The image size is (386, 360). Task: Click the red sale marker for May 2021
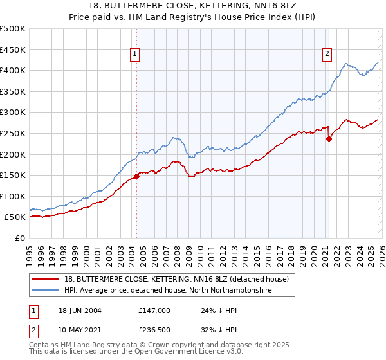tap(329, 138)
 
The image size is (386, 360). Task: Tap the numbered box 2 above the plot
tap(327, 55)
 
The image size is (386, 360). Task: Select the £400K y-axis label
tap(14, 70)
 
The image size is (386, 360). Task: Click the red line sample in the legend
tap(46, 279)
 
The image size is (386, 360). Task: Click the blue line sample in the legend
tap(46, 291)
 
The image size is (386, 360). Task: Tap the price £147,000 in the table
tap(154, 310)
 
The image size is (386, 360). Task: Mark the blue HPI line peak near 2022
tap(346, 63)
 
